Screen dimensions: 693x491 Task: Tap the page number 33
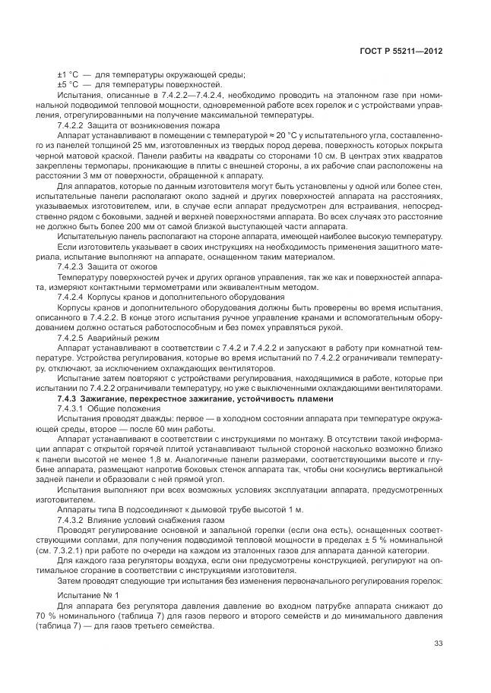pyautogui.click(x=438, y=644)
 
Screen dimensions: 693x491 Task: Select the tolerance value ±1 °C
pyautogui.click(x=68, y=74)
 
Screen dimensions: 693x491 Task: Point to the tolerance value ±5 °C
pyautogui.click(x=68, y=84)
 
